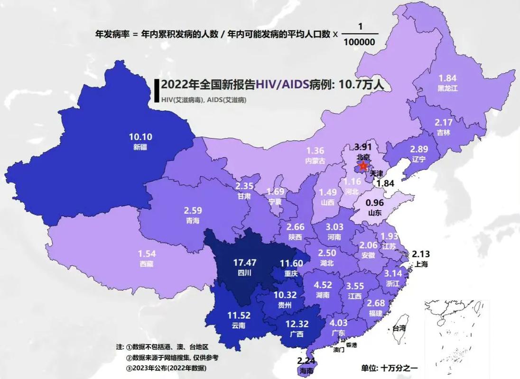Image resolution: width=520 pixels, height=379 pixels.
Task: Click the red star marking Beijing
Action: click(363, 165)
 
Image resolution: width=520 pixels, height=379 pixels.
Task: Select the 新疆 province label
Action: click(140, 147)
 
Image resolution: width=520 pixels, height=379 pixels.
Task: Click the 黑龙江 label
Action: click(448, 88)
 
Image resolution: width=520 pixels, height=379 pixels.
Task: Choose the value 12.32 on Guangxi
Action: click(297, 324)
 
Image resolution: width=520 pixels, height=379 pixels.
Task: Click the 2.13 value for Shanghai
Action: click(421, 254)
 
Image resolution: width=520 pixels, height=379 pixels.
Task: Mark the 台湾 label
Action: click(399, 328)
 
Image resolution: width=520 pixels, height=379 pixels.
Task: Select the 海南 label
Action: click(306, 371)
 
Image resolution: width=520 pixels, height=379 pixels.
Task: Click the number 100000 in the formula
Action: click(359, 42)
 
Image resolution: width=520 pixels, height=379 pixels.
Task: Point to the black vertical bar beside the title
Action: click(156, 90)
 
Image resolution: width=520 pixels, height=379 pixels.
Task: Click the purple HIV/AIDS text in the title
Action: click(282, 84)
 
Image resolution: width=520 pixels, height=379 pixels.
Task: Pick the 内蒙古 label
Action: click(315, 161)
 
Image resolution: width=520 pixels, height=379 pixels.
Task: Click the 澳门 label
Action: click(338, 350)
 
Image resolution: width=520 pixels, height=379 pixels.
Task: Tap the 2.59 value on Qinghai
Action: click(193, 210)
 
